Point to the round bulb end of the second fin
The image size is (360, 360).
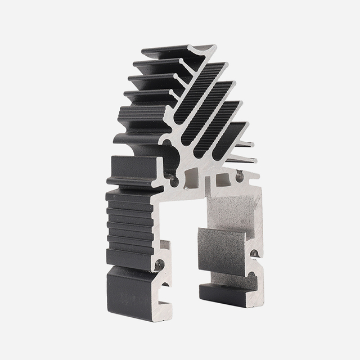178,74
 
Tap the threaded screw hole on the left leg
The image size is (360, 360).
159,263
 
